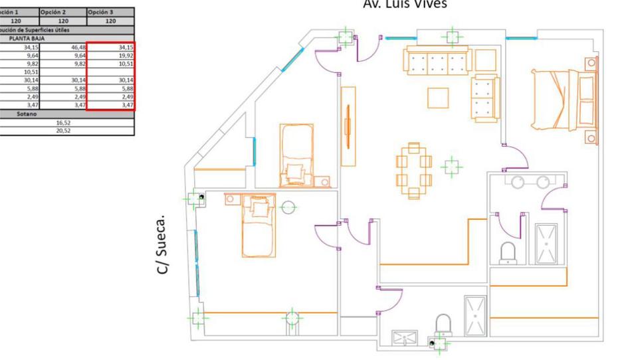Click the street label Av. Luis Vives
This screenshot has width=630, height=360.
pos(405,4)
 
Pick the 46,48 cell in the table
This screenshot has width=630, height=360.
pos(77,48)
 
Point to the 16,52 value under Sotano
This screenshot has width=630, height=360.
pos(63,123)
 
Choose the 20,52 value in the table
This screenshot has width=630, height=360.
pos(63,131)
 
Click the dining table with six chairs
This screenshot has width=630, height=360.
pos(414,170)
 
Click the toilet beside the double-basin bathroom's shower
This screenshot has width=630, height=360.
pos(508,252)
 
